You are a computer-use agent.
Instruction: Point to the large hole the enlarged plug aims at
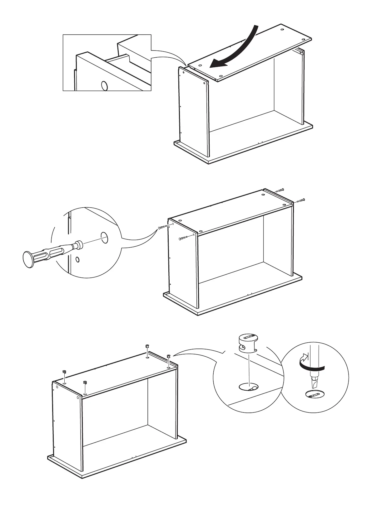click(x=104, y=238)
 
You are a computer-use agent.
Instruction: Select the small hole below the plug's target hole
click(x=78, y=259)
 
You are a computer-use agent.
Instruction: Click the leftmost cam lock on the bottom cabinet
click(x=64, y=372)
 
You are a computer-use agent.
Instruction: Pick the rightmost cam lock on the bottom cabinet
click(x=169, y=356)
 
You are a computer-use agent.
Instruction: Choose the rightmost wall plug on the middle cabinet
click(x=300, y=200)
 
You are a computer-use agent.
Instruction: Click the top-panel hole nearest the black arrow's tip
click(x=200, y=66)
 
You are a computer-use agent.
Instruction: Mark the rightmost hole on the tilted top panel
click(x=304, y=39)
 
